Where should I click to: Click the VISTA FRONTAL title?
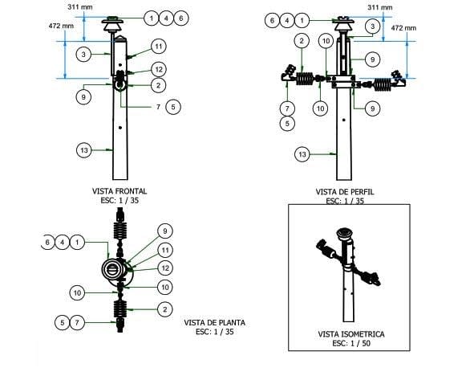pos(120,191)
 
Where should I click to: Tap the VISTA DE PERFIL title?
pos(345,192)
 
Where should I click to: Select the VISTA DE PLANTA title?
pos(215,323)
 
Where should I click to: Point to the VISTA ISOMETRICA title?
pos(351,334)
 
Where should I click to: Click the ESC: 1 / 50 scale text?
pos(351,343)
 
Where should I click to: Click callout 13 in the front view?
pos(84,150)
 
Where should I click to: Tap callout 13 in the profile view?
pos(302,154)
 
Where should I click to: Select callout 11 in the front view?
pos(159,47)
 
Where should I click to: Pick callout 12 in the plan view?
pos(165,268)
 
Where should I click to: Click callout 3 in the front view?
pos(83,55)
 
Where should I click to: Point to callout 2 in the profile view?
pos(302,41)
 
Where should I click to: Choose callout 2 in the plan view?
pos(165,309)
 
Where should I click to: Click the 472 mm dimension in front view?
pos(61,27)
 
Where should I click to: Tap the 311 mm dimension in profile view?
pos(380,7)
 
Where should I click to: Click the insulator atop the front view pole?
pos(112,25)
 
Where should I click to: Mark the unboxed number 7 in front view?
pos(158,107)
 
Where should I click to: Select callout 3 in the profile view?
pos(373,27)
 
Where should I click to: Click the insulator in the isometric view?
pos(344,234)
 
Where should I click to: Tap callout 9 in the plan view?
pos(165,231)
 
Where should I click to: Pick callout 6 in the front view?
pos(181,18)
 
